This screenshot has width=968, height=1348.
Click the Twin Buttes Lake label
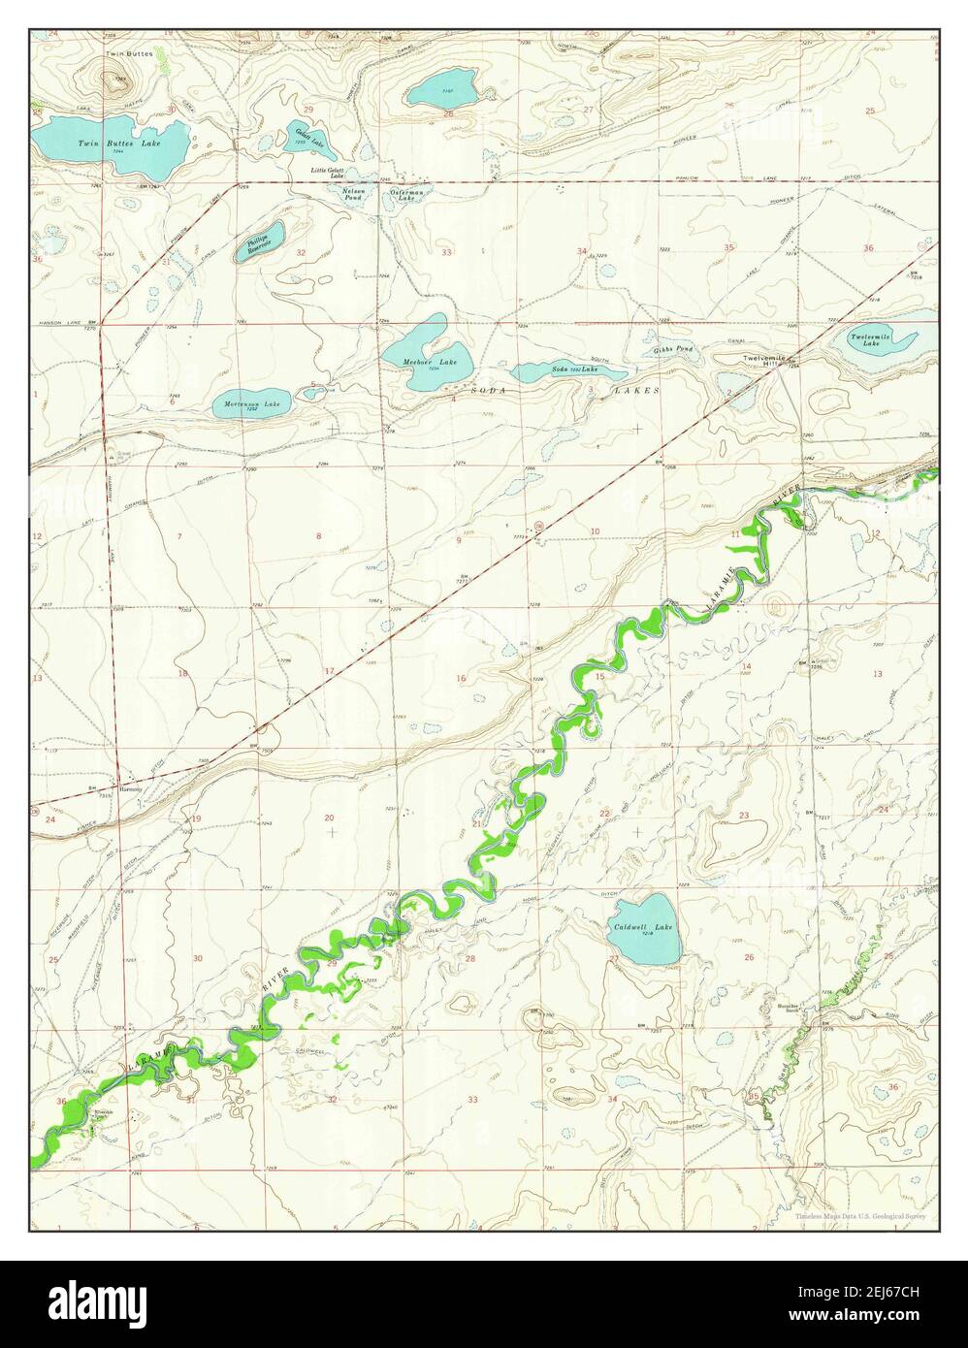(120, 144)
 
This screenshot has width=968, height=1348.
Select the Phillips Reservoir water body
(259, 241)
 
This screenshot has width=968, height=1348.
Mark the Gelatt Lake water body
(312, 142)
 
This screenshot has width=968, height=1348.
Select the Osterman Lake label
(404, 193)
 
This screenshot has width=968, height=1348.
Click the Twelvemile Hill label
(762, 360)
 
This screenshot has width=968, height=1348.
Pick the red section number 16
(461, 678)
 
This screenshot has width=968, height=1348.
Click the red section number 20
(329, 818)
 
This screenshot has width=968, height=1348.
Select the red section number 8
(318, 535)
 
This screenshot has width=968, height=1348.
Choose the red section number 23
(744, 816)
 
